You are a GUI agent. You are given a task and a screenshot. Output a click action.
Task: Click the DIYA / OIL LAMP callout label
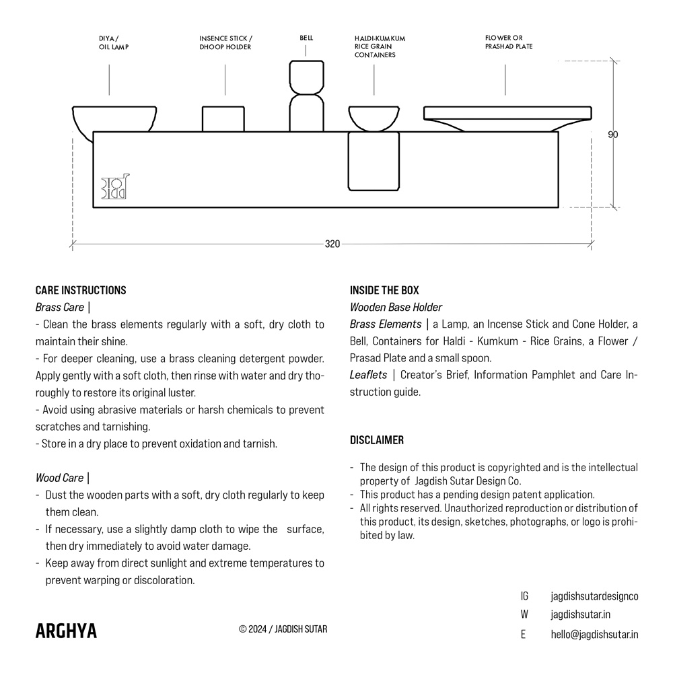click(114, 43)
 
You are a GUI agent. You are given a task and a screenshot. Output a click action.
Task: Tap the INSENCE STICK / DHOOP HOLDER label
click(225, 43)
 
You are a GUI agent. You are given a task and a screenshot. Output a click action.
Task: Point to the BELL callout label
click(306, 38)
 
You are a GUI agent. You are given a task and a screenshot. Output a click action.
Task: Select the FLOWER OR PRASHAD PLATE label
click(508, 42)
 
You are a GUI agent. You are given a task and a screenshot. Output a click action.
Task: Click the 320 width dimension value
click(332, 244)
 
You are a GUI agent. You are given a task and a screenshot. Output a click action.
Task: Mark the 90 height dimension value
click(612, 135)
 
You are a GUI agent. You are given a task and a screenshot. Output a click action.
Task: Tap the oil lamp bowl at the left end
click(114, 120)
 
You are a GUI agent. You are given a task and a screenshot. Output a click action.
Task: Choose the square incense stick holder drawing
click(223, 118)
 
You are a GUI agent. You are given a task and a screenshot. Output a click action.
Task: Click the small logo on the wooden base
click(115, 188)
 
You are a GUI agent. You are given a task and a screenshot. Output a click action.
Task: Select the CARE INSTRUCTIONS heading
click(81, 291)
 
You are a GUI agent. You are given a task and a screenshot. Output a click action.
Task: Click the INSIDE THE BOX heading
click(384, 291)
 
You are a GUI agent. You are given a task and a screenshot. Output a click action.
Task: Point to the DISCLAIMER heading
click(377, 440)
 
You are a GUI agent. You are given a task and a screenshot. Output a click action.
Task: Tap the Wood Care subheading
click(60, 478)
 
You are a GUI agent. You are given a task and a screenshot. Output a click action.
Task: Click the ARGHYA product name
click(66, 631)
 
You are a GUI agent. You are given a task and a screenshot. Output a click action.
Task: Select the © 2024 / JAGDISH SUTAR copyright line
click(283, 630)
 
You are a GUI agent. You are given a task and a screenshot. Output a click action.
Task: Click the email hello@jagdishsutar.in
click(594, 634)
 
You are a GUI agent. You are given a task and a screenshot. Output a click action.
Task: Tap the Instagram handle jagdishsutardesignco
click(594, 596)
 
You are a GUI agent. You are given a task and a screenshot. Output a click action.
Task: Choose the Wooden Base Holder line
click(396, 308)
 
